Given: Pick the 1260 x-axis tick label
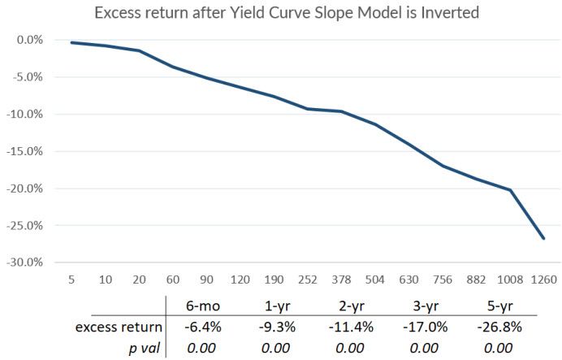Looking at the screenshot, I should pyautogui.click(x=542, y=280).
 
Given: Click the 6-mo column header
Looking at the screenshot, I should pyautogui.click(x=204, y=306).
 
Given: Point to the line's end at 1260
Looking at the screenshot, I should pyautogui.click(x=543, y=239).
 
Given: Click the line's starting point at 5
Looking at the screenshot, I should pyautogui.click(x=73, y=42).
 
